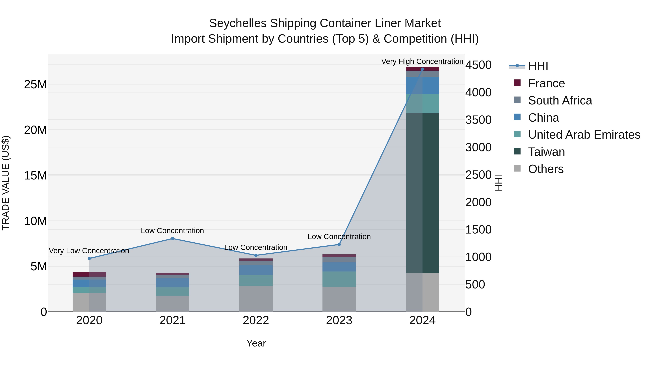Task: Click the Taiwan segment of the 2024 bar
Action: (422, 193)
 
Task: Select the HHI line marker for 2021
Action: (173, 238)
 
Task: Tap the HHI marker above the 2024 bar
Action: (422, 69)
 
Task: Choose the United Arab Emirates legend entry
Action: (584, 135)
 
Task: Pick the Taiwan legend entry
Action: (546, 152)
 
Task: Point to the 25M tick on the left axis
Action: (35, 84)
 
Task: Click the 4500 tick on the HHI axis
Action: (478, 65)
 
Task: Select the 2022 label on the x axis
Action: (256, 320)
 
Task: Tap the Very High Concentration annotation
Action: (422, 61)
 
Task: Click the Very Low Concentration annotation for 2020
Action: (89, 251)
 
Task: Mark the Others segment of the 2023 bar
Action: (339, 299)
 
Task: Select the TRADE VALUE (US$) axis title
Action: (6, 183)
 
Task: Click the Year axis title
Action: (256, 343)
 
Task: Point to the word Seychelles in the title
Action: (238, 23)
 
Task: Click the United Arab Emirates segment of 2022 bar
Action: (256, 280)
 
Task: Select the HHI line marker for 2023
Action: (339, 245)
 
